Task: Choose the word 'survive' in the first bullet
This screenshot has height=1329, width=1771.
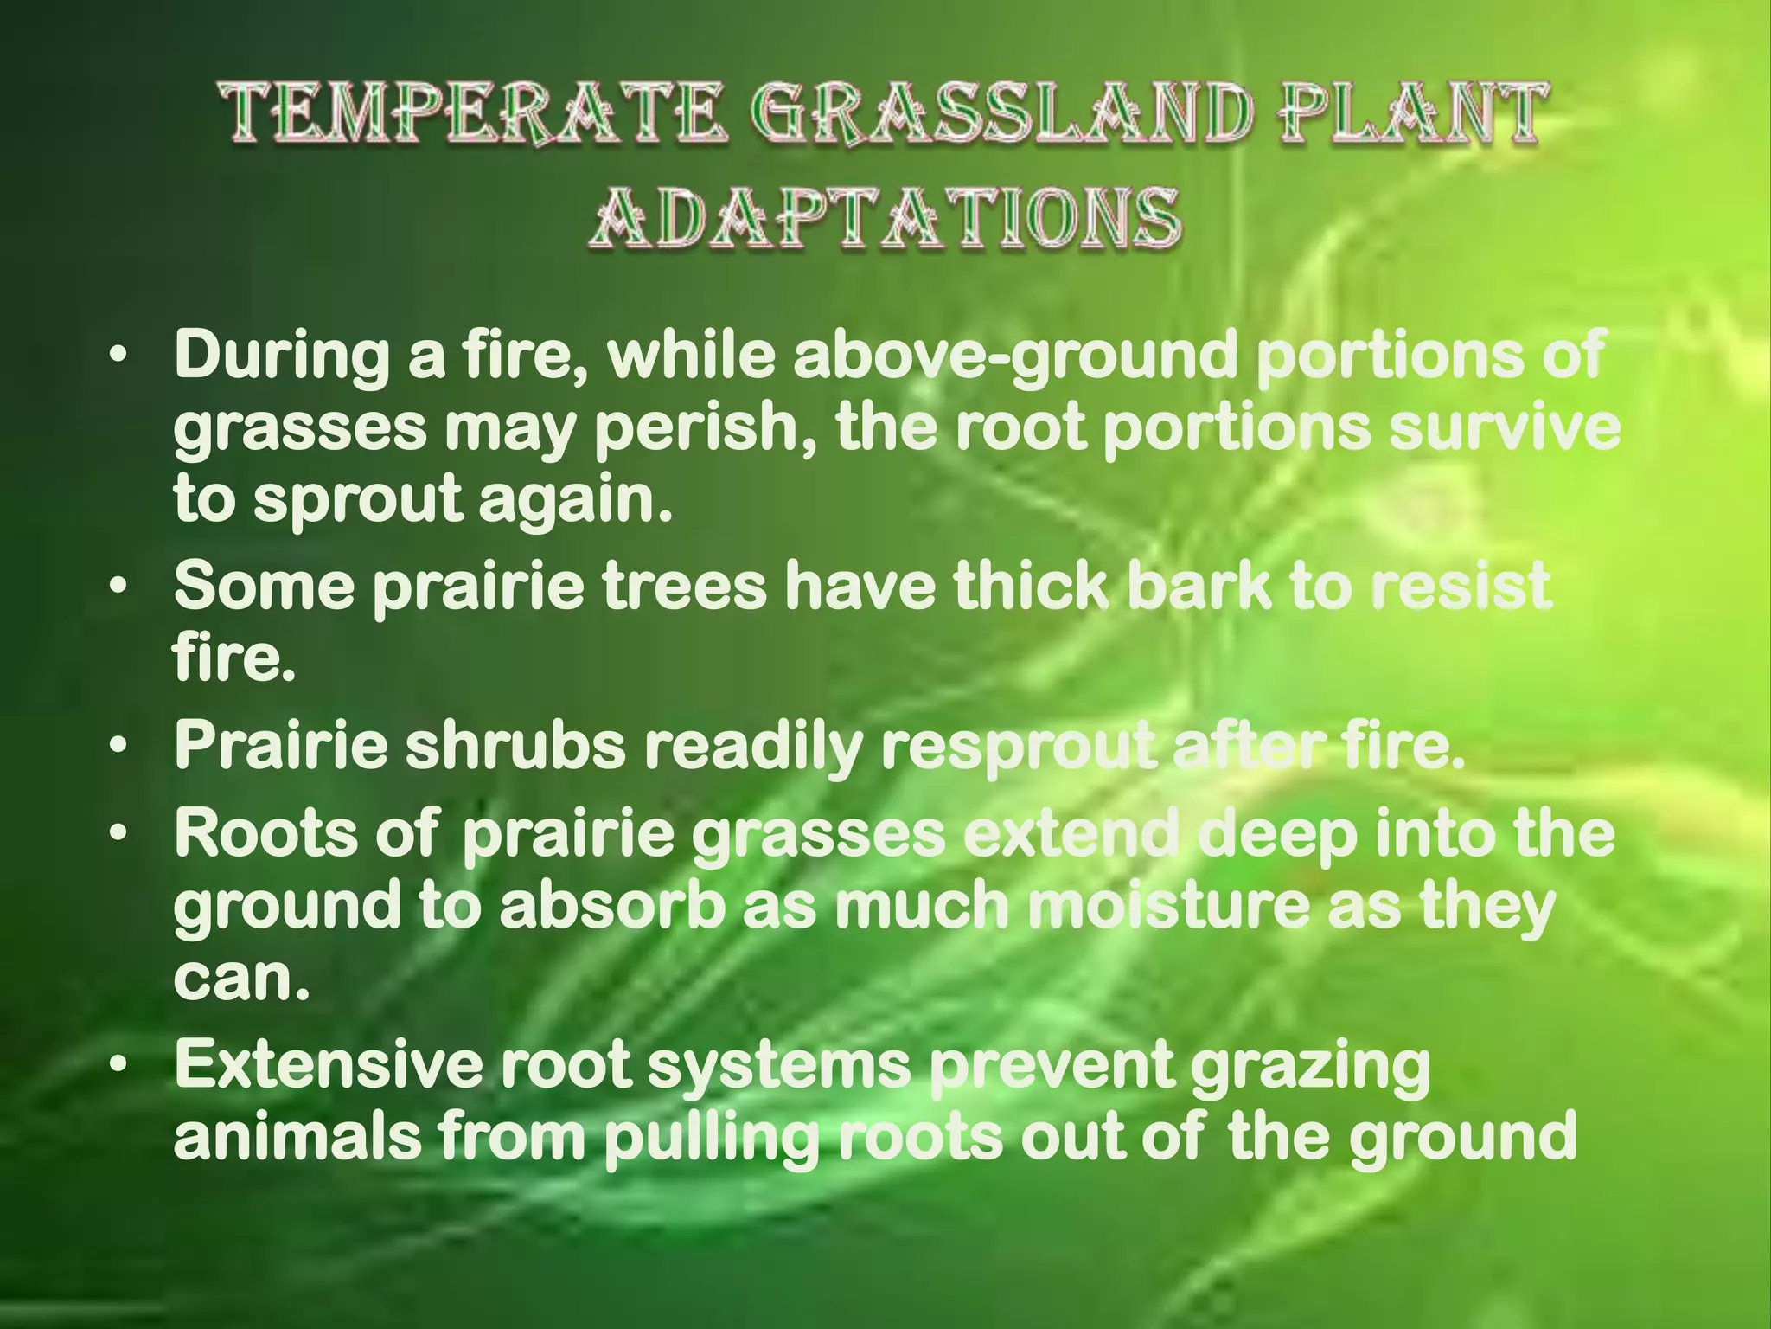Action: (1505, 428)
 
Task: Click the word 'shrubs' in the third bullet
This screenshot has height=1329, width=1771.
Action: (515, 746)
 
